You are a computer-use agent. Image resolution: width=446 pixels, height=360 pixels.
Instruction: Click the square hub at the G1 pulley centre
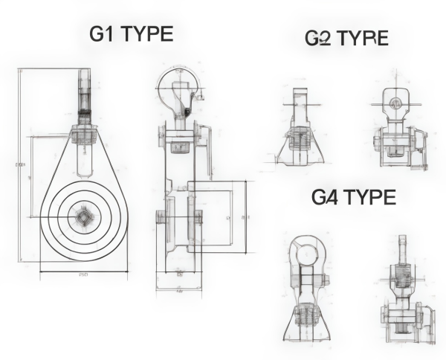click(84, 217)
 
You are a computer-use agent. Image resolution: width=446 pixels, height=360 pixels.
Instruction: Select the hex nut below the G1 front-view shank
click(84, 135)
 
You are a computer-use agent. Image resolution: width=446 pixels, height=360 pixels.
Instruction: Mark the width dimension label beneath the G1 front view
click(83, 274)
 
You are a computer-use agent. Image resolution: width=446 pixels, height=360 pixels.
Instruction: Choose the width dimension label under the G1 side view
click(178, 292)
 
